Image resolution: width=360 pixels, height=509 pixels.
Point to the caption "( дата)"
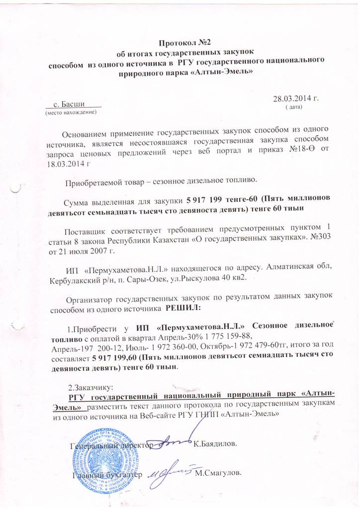coord(292,107)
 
